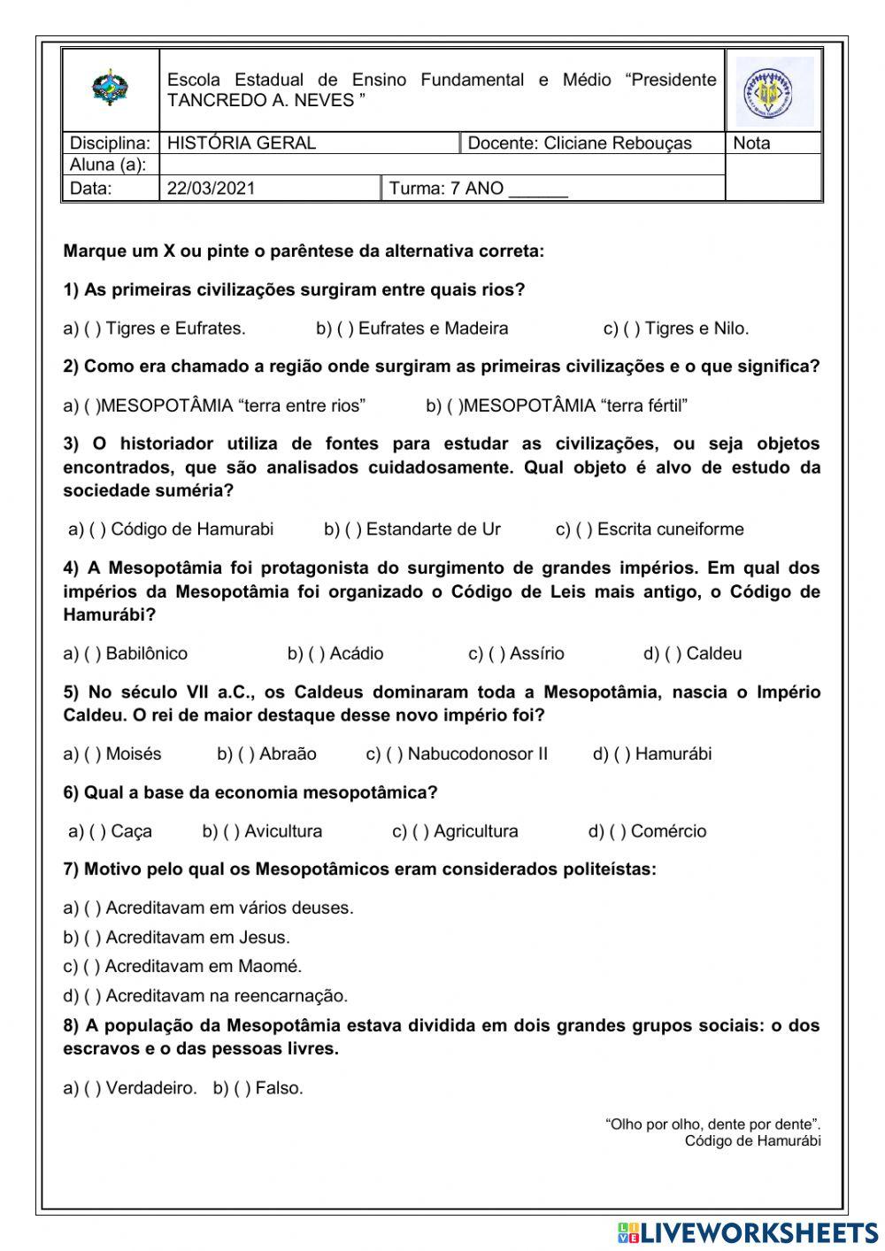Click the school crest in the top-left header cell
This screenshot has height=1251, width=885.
[x=110, y=89]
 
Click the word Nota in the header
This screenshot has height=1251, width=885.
[x=751, y=143]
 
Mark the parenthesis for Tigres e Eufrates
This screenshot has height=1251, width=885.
[x=93, y=329]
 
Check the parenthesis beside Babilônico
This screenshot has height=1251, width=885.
[x=93, y=654]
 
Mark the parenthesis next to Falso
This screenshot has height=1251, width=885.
[x=242, y=1089]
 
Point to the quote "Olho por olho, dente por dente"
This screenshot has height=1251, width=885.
[x=712, y=1124]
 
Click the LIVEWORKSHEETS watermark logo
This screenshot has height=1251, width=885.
[x=748, y=1232]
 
